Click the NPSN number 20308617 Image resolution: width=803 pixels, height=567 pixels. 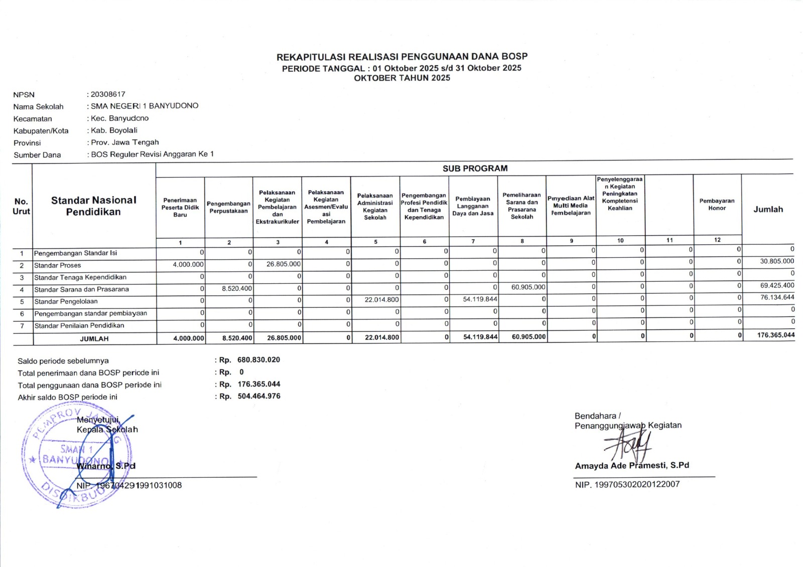pyautogui.click(x=108, y=94)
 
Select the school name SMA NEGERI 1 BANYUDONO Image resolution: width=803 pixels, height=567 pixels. pyautogui.click(x=145, y=106)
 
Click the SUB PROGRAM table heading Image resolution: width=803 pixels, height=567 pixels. pyautogui.click(x=475, y=168)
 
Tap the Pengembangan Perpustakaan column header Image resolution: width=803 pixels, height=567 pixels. pyautogui.click(x=228, y=208)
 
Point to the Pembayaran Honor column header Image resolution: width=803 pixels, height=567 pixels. pyautogui.click(x=717, y=205)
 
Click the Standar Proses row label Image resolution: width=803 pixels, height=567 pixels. pyautogui.click(x=58, y=265)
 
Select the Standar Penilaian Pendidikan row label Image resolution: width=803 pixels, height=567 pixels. pyautogui.click(x=79, y=325)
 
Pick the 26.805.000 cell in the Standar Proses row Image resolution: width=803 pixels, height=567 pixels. pyautogui.click(x=284, y=264)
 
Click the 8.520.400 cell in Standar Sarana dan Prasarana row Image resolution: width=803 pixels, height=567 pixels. pyautogui.click(x=237, y=289)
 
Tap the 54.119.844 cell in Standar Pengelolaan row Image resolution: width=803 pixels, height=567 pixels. pyautogui.click(x=480, y=299)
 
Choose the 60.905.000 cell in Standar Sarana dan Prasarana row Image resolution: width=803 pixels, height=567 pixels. pyautogui.click(x=528, y=287)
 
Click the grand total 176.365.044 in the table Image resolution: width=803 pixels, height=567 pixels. pyautogui.click(x=775, y=335)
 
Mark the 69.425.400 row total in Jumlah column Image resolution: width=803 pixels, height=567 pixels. pyautogui.click(x=777, y=286)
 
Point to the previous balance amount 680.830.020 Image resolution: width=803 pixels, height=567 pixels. pyautogui.click(x=258, y=360)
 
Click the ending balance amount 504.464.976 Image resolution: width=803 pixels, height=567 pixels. pyautogui.click(x=259, y=396)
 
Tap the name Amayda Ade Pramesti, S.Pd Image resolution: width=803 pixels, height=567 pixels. pyautogui.click(x=632, y=466)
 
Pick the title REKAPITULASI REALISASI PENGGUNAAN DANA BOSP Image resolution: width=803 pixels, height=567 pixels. pyautogui.click(x=402, y=57)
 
